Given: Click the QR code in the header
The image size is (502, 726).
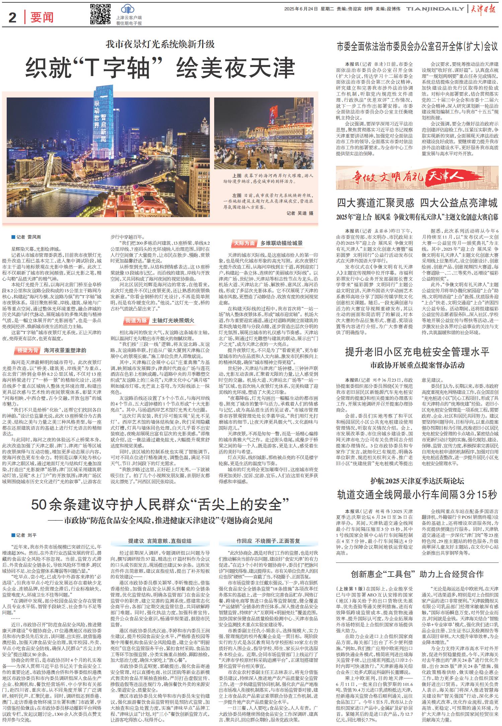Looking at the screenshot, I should click(100, 14).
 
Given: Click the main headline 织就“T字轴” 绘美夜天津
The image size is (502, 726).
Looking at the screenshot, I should click(160, 68).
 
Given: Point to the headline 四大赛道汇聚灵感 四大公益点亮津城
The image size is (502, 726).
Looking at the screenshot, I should click(417, 203).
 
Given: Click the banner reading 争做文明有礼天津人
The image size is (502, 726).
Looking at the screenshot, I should click(417, 175).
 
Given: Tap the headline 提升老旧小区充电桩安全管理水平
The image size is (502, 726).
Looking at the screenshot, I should click(417, 352).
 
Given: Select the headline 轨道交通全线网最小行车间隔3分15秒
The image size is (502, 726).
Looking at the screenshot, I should click(417, 494).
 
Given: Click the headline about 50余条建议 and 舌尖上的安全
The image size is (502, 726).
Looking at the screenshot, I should click(160, 504).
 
